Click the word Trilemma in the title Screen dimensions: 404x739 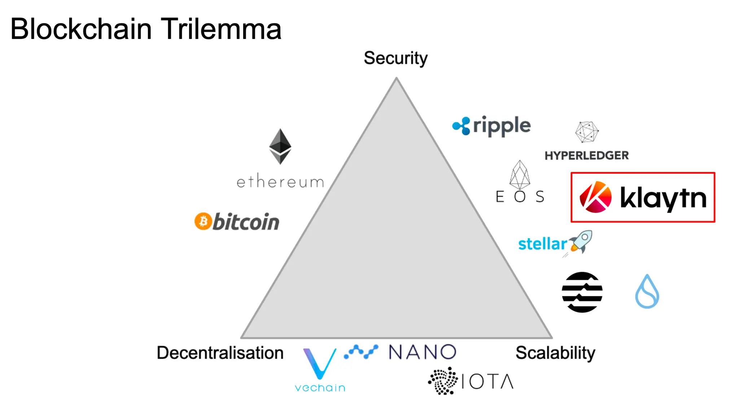220,29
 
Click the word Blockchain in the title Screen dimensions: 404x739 81,29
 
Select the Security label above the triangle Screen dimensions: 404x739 395,58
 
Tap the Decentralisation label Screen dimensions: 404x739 220,352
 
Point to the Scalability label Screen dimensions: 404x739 555,352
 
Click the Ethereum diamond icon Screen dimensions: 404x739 280,146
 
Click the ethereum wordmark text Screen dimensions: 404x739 280,182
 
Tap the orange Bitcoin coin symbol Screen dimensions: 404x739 203,221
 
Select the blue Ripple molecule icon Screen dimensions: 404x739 462,126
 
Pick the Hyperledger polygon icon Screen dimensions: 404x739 587,132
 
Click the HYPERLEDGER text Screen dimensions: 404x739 586,155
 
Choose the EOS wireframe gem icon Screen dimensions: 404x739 520,175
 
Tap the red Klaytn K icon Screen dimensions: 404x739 595,197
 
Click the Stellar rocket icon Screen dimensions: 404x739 581,242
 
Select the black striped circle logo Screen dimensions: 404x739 582,292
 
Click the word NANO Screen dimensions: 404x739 423,352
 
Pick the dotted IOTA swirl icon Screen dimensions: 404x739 443,381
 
